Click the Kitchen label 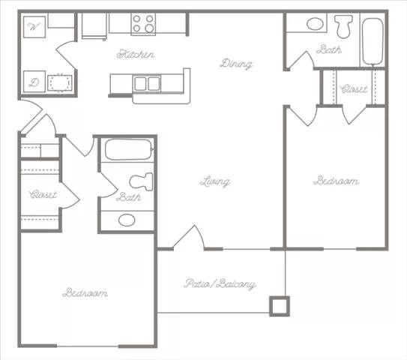point(136,55)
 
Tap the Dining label point(236,64)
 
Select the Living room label point(214,181)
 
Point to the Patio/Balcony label point(220,284)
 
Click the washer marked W point(34,27)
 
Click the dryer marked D point(34,82)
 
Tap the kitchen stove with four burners point(143,24)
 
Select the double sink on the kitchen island point(147,83)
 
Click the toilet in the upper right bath point(344,27)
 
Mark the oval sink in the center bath point(127,220)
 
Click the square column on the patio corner point(279,305)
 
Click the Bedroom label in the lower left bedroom point(85,292)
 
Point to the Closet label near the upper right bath point(354,89)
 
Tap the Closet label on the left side point(43,194)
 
